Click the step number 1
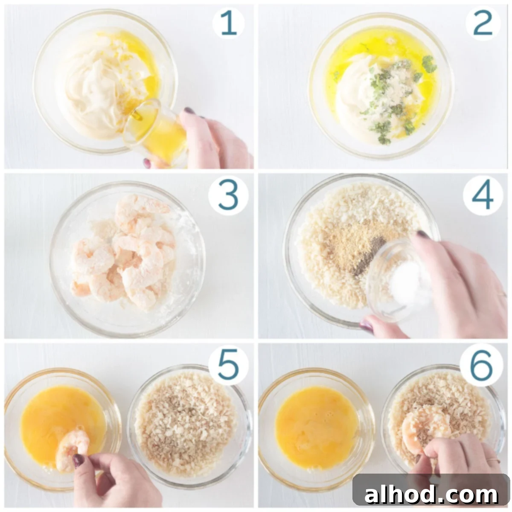click(229, 23)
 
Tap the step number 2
click(483, 23)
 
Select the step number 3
click(228, 196)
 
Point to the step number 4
click(483, 196)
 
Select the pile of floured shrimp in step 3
click(124, 253)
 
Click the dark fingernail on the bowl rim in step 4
click(366, 326)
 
